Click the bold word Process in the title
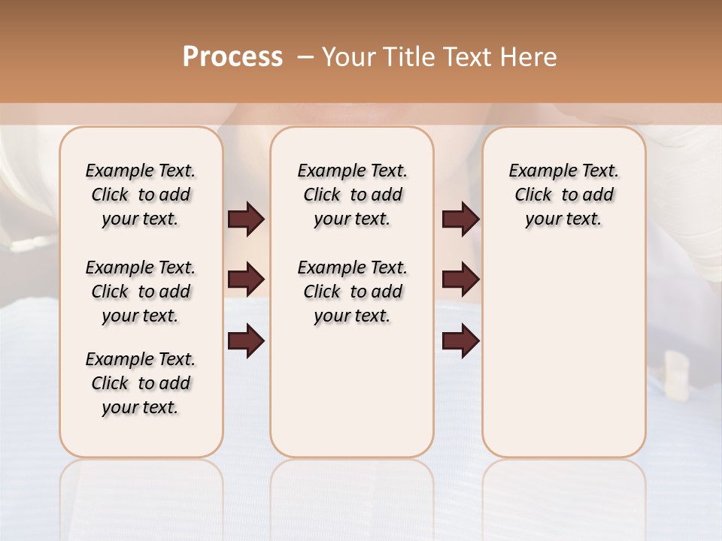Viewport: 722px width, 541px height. [x=232, y=57]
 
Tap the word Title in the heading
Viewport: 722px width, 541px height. [x=406, y=57]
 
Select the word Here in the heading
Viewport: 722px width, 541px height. [x=530, y=57]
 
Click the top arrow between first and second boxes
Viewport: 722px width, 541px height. [x=246, y=219]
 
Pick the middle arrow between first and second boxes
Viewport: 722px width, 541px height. [x=246, y=280]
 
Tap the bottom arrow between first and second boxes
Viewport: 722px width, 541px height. [x=246, y=341]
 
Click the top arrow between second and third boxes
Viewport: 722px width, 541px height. [x=460, y=219]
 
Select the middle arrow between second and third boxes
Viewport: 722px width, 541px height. [x=460, y=280]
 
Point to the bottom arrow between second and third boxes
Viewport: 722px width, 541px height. [x=460, y=341]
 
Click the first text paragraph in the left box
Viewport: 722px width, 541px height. [x=141, y=195]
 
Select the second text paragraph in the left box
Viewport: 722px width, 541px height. [x=141, y=292]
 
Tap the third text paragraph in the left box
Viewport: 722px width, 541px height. [x=141, y=383]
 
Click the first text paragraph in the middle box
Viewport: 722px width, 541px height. [x=352, y=195]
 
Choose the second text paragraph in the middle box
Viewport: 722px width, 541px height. [x=352, y=292]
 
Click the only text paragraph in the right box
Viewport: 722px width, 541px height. [x=563, y=195]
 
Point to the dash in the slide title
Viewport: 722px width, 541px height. [x=305, y=57]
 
